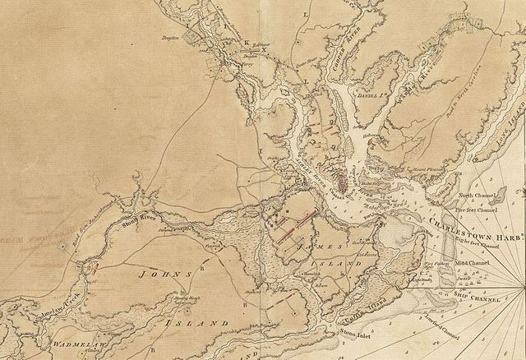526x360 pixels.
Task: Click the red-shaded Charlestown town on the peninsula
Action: click(341, 174)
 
